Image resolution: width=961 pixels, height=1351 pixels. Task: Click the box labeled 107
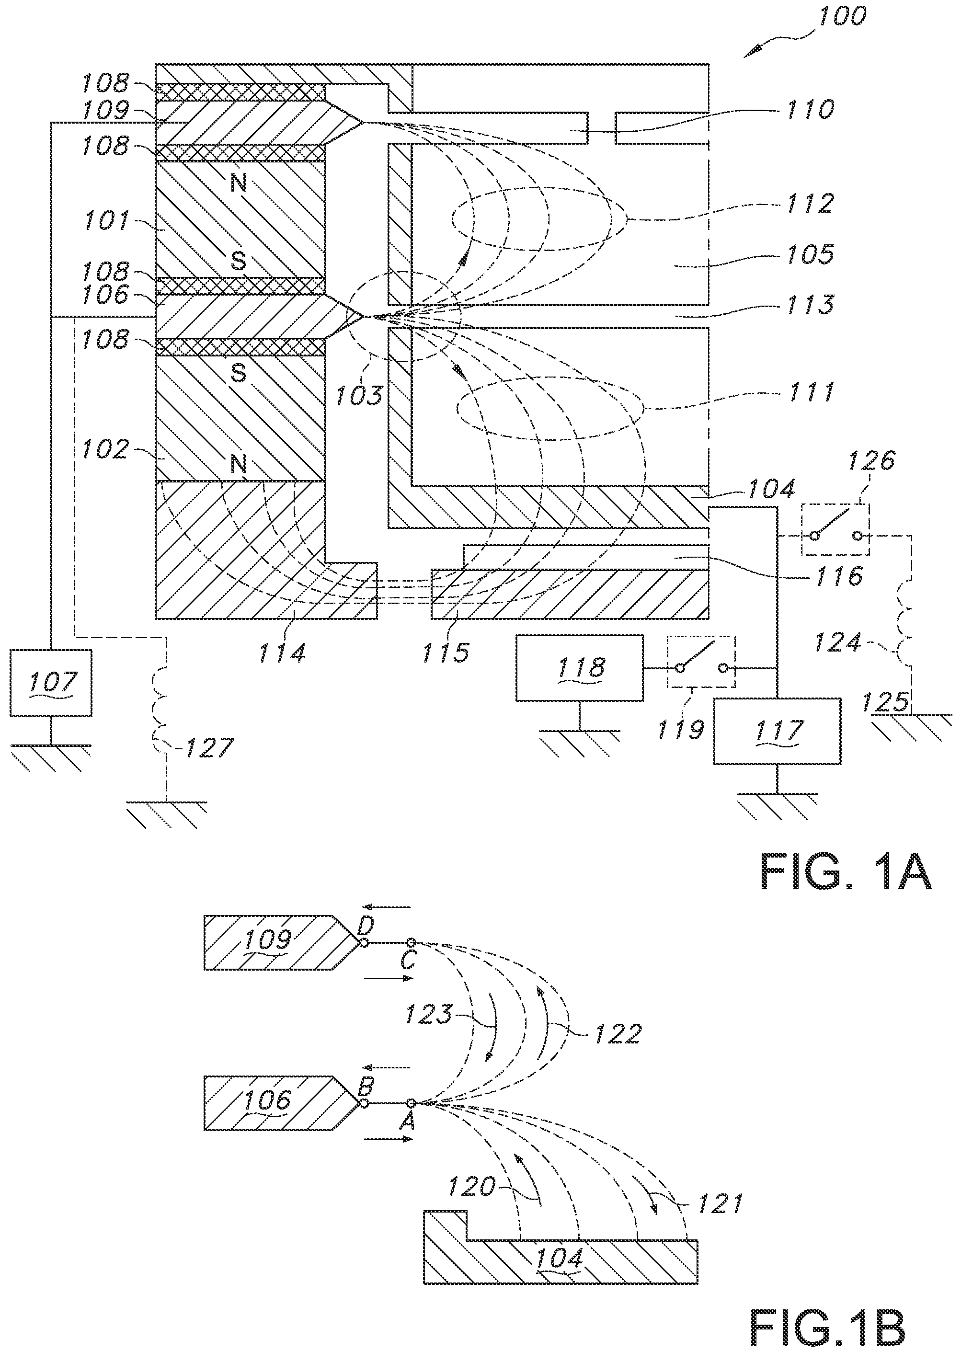coord(50,682)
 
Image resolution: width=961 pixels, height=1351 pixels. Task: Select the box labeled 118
coord(579,668)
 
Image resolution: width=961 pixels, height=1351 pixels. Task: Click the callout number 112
coord(811,204)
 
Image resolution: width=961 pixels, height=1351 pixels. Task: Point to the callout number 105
coord(811,254)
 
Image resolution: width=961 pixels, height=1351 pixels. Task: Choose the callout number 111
coord(811,392)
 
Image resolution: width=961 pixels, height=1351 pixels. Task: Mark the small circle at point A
coord(411,1102)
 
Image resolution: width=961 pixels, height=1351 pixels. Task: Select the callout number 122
coord(617,1036)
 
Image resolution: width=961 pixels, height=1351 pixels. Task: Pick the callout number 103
coord(359,395)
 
